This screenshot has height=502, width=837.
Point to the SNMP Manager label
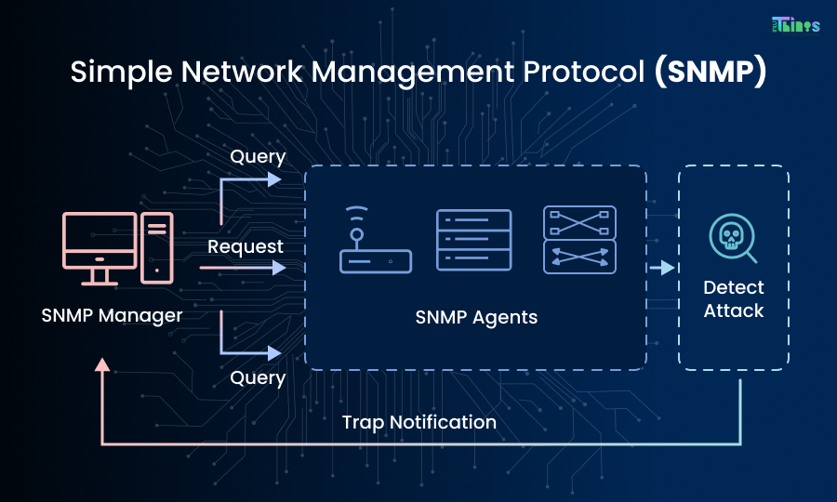point(112,315)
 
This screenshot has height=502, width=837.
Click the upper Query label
point(258,157)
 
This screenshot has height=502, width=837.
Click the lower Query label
point(258,377)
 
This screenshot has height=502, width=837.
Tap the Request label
point(246,246)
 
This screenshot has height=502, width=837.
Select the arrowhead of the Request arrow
point(278,269)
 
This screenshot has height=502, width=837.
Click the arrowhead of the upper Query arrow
point(274,179)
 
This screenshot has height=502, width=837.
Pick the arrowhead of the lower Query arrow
point(274,353)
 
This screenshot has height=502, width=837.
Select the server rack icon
point(474,241)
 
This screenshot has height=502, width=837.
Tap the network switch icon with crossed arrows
point(579,240)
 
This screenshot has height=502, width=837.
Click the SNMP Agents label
point(476,317)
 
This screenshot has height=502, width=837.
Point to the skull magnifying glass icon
point(733,238)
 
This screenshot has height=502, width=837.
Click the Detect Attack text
point(734,299)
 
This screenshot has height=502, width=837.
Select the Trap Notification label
point(418,422)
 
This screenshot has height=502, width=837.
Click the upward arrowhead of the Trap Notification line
point(102,364)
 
